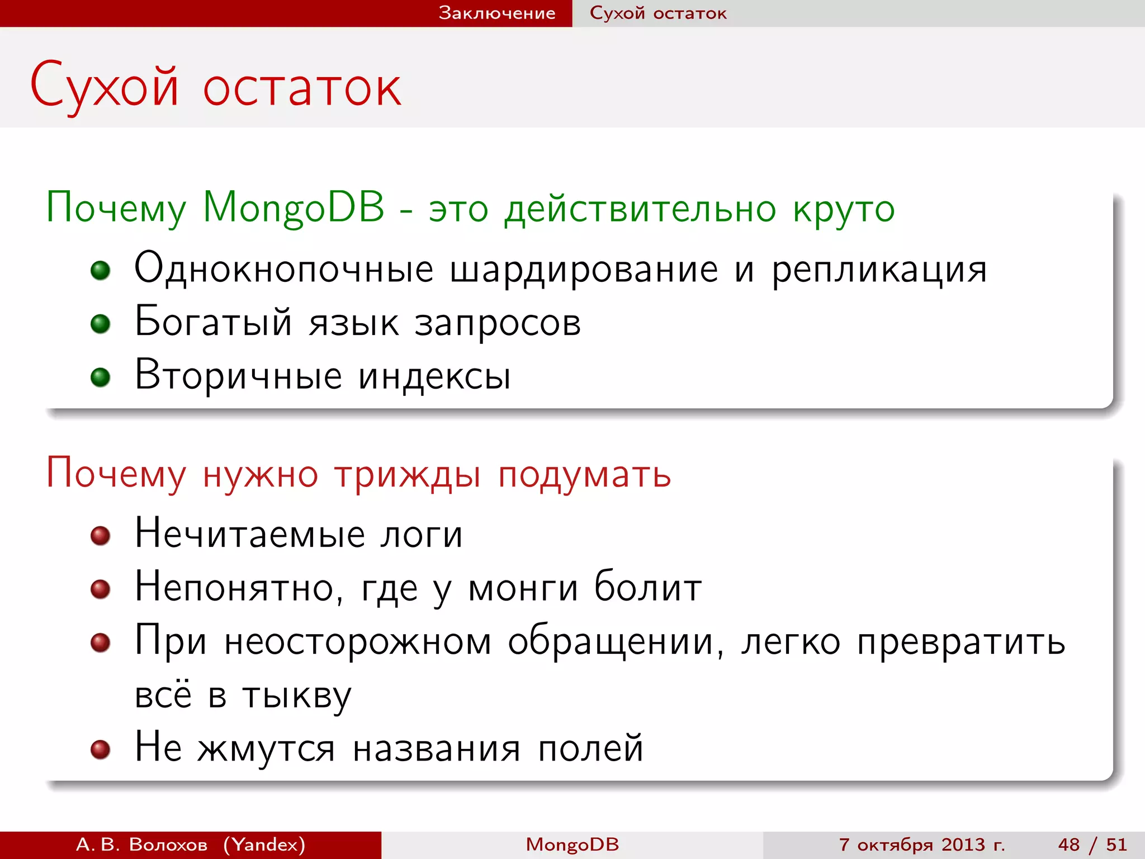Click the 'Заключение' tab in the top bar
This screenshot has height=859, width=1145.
[x=496, y=13]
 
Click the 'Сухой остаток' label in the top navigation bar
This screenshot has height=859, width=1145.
[x=658, y=13]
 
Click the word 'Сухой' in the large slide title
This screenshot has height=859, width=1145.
[x=105, y=87]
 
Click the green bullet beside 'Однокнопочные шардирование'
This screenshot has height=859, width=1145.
[x=101, y=271]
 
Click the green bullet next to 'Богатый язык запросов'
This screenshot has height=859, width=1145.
[x=101, y=324]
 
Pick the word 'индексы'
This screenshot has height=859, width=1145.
[x=434, y=376]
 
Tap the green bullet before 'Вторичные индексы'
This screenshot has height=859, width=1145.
[x=101, y=377]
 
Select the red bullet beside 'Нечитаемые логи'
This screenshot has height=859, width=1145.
[x=101, y=536]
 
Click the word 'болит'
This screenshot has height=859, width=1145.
[x=647, y=587]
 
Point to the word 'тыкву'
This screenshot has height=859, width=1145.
[x=297, y=696]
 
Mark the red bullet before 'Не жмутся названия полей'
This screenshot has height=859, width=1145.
[x=101, y=749]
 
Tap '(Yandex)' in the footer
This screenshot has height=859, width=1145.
[x=264, y=844]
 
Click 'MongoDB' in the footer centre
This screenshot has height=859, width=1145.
[x=572, y=844]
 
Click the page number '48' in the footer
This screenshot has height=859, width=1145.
[x=1069, y=844]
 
